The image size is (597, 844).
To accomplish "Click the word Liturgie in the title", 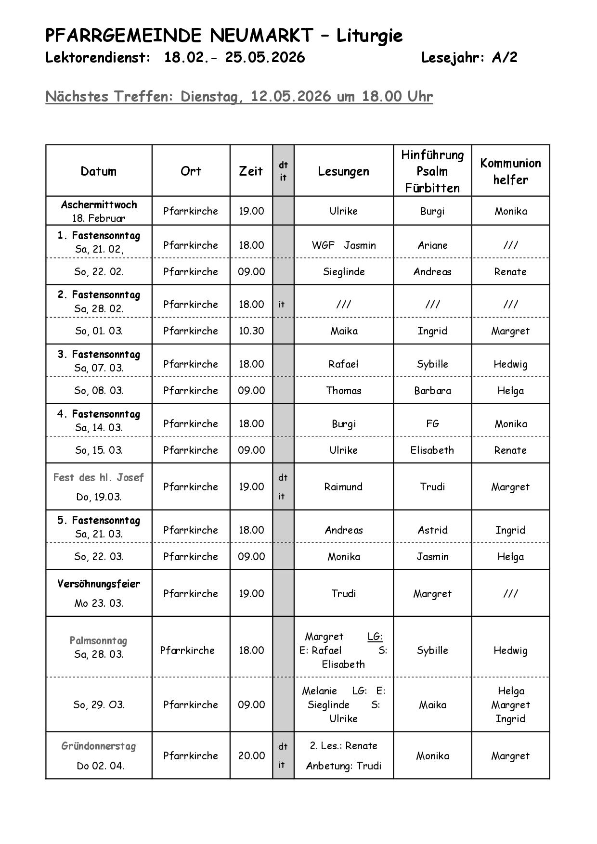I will point(369,36).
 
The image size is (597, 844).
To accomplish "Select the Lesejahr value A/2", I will point(504,58).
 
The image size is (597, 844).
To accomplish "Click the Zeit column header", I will point(251,171).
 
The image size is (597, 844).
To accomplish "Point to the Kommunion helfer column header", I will point(510,171).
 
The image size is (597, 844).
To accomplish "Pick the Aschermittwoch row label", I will point(99,205).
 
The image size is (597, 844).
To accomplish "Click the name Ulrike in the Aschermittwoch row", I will point(343,211).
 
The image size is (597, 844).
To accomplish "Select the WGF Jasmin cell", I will point(343,245).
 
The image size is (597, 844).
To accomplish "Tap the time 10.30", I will point(251,331).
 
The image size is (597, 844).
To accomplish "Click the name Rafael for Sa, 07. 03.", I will point(343,364).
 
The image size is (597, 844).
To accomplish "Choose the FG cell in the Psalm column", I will point(432,424).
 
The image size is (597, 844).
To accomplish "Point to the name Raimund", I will point(343,487).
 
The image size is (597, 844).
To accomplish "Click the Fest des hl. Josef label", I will point(99,478).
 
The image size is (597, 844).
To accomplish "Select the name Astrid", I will point(432,530).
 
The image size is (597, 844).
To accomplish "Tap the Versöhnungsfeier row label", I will point(99,584).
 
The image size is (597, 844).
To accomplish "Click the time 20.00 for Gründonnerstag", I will point(251,756).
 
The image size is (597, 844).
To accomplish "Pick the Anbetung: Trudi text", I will point(343,766).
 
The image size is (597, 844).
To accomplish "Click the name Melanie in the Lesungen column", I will point(319,691).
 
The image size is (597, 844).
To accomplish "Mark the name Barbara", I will point(432,391).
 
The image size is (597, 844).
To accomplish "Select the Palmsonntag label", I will point(99,641).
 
